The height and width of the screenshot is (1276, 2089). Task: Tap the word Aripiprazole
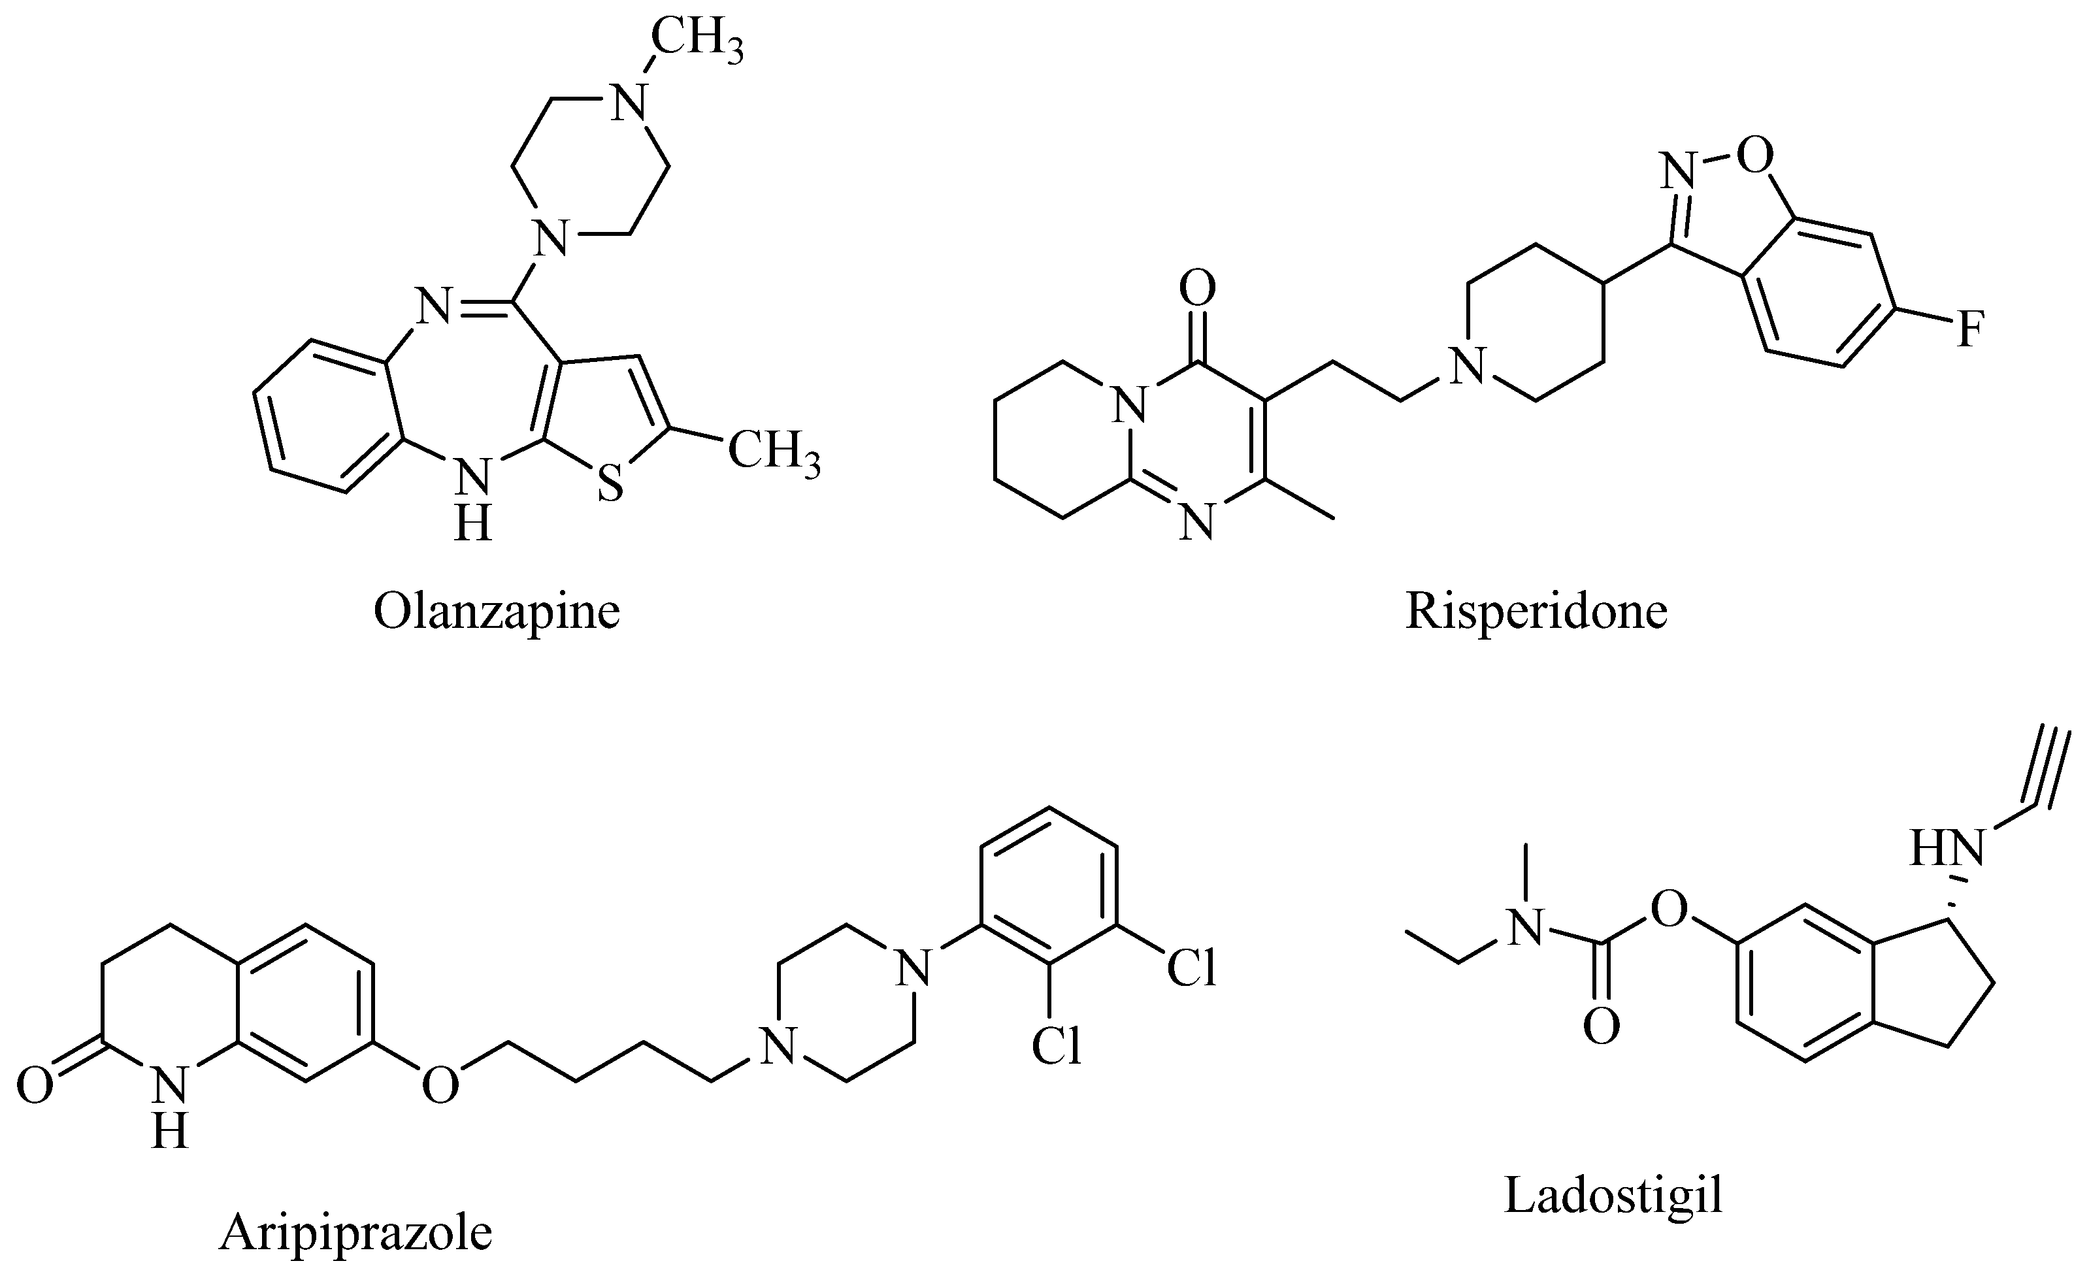(356, 1234)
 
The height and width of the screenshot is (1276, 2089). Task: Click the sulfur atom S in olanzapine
(610, 484)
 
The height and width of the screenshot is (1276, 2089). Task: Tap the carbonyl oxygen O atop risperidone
(1197, 289)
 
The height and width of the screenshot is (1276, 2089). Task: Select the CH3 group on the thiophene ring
(773, 450)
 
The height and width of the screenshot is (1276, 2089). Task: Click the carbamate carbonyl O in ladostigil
(1602, 1026)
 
